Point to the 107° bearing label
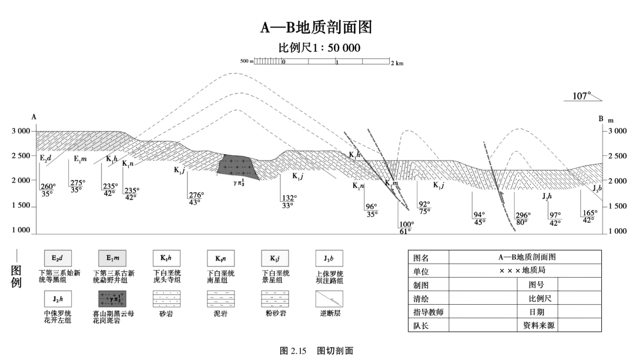click(x=582, y=95)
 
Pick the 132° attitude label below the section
click(x=287, y=198)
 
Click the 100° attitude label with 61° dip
click(x=406, y=224)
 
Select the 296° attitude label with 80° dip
click(x=523, y=215)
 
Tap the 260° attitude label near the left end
click(x=48, y=186)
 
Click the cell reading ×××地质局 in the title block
click(x=525, y=271)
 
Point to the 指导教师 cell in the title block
click(x=428, y=312)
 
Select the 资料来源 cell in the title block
click(x=535, y=325)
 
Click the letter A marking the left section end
click(x=34, y=117)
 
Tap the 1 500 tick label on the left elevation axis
click(x=21, y=206)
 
